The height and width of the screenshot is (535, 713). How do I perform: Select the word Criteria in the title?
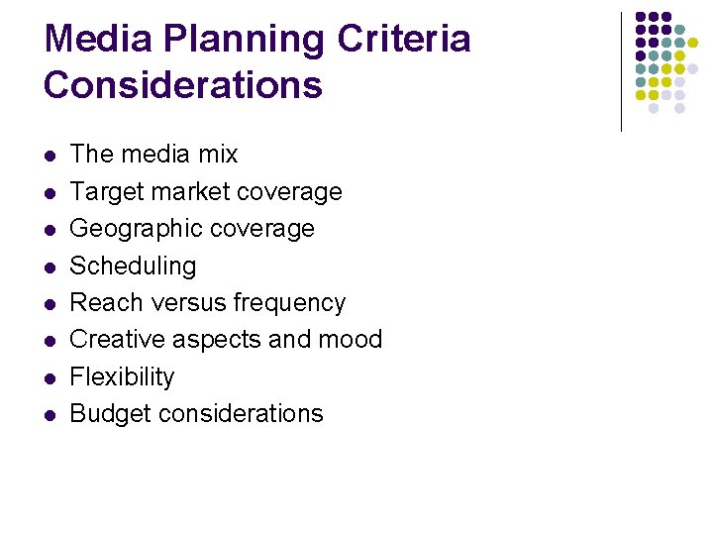pyautogui.click(x=404, y=40)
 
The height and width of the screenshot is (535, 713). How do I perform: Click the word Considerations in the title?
pyautogui.click(x=183, y=85)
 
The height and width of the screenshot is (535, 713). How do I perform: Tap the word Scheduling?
pyautogui.click(x=133, y=267)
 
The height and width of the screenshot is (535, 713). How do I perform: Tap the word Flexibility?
pyautogui.click(x=122, y=377)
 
